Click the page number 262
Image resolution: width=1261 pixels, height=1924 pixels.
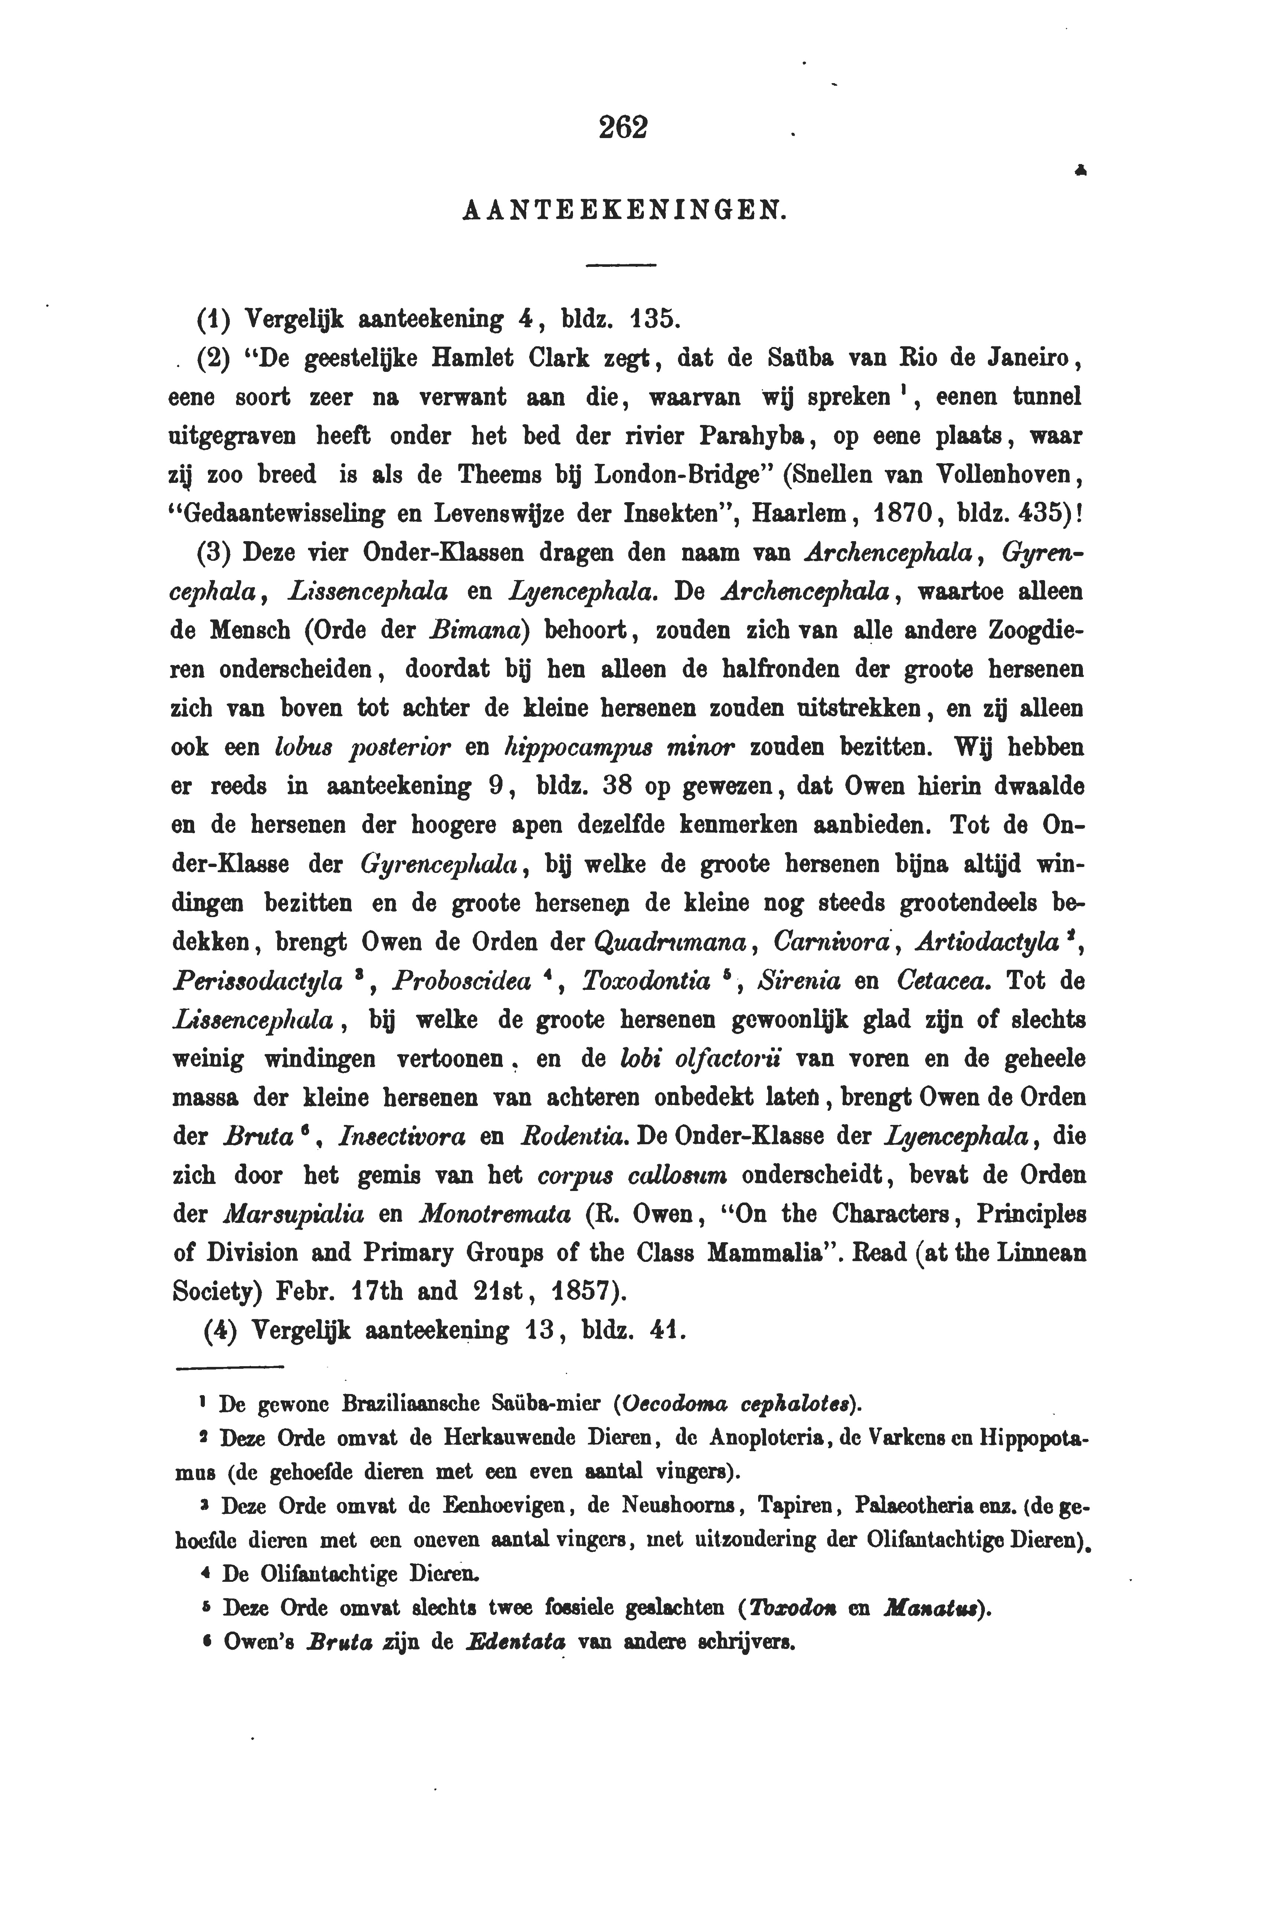[x=623, y=128]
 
